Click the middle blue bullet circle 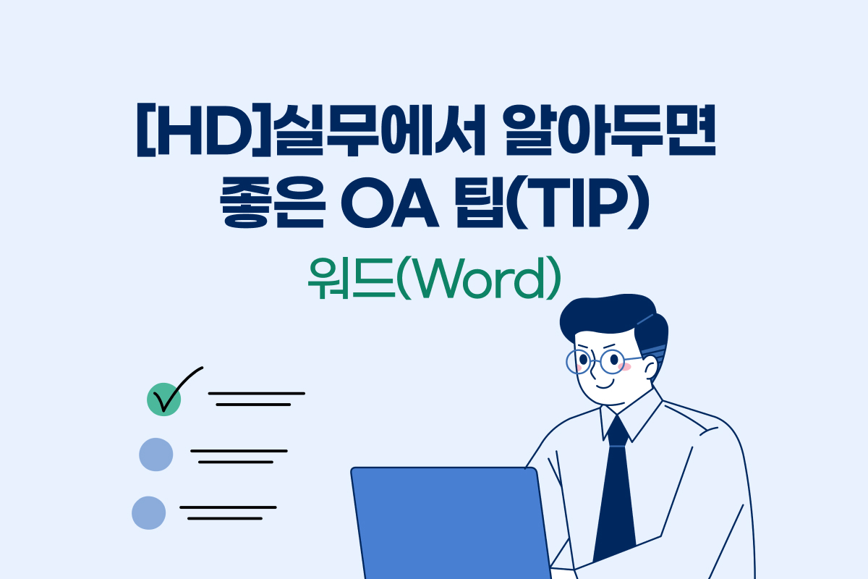click(x=156, y=455)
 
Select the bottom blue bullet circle click(x=149, y=512)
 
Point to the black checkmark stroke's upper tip click(x=201, y=368)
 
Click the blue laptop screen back click(x=448, y=521)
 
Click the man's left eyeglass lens click(x=579, y=360)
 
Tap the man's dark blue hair click(x=615, y=318)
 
